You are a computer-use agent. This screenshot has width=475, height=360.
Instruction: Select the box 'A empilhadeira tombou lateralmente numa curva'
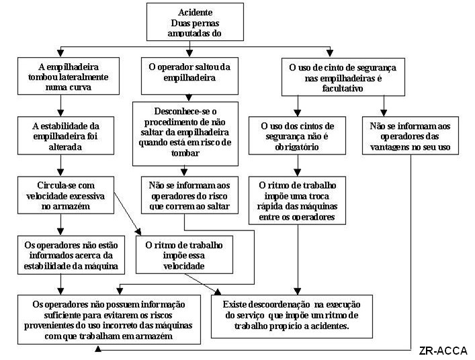61,76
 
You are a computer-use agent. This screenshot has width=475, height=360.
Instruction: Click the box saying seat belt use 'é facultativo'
333,77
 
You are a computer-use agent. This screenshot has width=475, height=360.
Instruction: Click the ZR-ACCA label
442,351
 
